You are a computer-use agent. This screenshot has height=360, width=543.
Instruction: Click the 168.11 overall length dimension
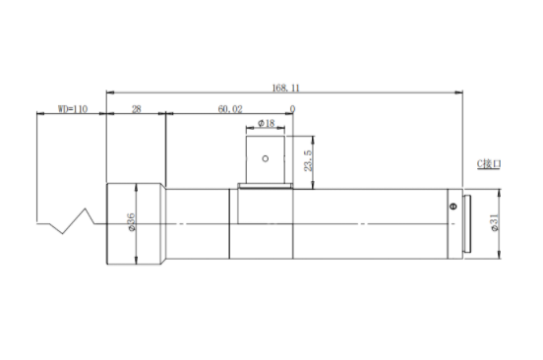point(285,88)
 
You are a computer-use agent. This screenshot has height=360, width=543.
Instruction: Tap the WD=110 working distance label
point(73,109)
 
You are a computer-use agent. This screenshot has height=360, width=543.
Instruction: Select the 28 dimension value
point(137,109)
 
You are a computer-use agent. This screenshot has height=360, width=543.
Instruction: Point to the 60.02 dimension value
point(230,109)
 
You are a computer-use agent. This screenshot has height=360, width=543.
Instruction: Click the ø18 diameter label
point(266,123)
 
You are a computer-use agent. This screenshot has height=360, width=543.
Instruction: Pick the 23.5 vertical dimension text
point(308,160)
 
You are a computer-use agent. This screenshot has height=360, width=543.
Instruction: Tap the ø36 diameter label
point(131,222)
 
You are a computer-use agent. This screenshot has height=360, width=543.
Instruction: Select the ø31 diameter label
point(494,222)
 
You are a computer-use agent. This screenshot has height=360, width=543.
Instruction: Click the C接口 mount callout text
point(489,163)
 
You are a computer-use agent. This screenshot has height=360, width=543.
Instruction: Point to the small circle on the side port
point(266,158)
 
